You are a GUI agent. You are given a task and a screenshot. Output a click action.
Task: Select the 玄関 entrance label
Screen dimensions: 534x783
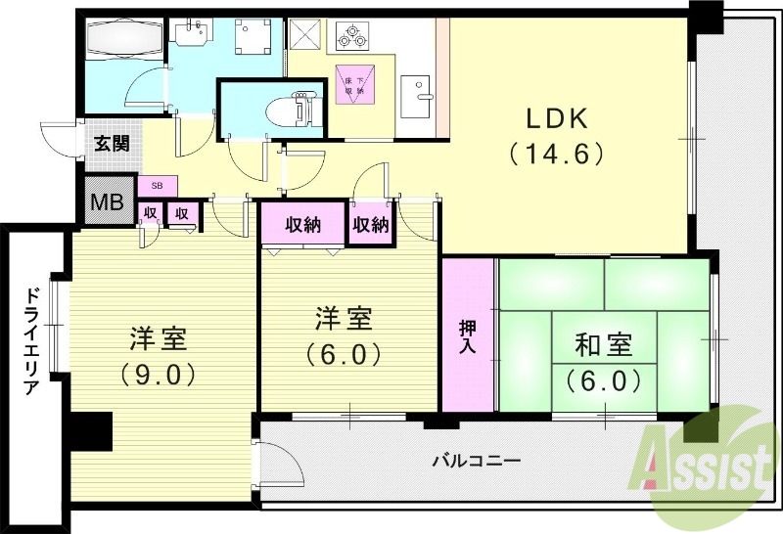tap(112, 144)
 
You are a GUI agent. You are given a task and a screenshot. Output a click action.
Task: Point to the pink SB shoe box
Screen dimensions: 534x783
tap(157, 185)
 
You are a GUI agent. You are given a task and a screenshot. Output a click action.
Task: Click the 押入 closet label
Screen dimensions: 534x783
tap(467, 335)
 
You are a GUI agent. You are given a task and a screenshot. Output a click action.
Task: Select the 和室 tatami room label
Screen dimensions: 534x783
tap(602, 345)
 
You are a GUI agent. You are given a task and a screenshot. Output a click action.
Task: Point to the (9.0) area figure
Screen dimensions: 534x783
tap(159, 374)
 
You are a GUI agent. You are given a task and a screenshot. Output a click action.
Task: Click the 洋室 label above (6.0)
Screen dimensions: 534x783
tap(343, 319)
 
